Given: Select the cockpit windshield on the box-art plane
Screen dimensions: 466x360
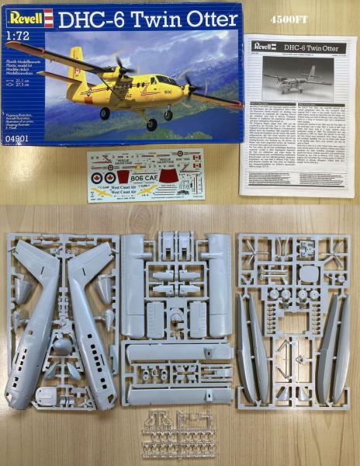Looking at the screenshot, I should (166, 79).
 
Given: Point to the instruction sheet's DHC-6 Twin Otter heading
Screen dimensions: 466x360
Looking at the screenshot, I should (310, 48).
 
